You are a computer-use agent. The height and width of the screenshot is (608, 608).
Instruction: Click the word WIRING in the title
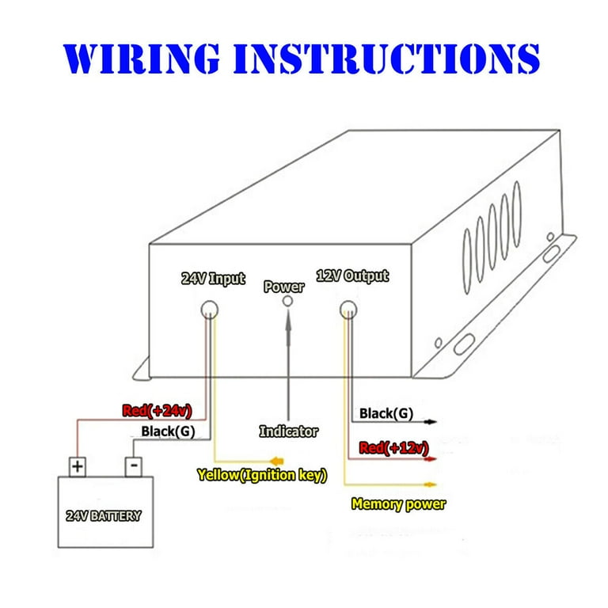click(142, 58)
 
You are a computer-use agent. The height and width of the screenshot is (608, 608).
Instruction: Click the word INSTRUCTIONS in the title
click(386, 58)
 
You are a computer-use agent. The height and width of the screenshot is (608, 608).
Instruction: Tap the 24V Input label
click(213, 279)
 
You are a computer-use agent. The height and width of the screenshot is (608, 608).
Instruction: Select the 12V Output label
click(352, 276)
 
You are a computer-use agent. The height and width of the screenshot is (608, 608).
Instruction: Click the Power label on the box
click(284, 287)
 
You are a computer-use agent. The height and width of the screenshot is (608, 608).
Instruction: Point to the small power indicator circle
click(287, 301)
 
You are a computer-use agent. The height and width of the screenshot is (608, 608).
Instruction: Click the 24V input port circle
click(209, 310)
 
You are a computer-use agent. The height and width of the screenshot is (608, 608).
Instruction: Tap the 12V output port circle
click(348, 310)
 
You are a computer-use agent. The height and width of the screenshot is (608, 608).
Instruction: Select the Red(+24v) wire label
click(157, 411)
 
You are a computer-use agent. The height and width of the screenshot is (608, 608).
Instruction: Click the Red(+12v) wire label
click(394, 448)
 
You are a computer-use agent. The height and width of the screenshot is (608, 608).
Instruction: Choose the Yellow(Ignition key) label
click(262, 475)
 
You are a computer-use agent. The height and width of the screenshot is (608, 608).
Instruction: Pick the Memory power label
click(399, 504)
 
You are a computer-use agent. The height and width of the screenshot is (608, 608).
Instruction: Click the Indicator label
click(289, 431)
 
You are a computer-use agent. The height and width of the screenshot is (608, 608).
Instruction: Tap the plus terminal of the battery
click(78, 467)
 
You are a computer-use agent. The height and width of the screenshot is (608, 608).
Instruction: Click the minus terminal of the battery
click(134, 467)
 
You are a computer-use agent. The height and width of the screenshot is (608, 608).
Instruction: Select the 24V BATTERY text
click(104, 515)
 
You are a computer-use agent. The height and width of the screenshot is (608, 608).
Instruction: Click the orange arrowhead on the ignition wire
click(277, 462)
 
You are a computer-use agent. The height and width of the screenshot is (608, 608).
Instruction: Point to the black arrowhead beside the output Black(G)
click(431, 421)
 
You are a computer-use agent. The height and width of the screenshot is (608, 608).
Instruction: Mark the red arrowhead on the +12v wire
click(431, 459)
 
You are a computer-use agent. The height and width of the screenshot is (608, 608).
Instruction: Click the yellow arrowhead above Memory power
click(431, 484)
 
